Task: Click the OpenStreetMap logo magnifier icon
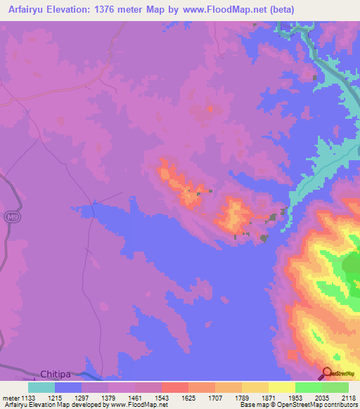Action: tap(326, 373)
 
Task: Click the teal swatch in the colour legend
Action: tap(41, 387)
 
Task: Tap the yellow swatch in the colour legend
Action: tap(282, 387)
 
